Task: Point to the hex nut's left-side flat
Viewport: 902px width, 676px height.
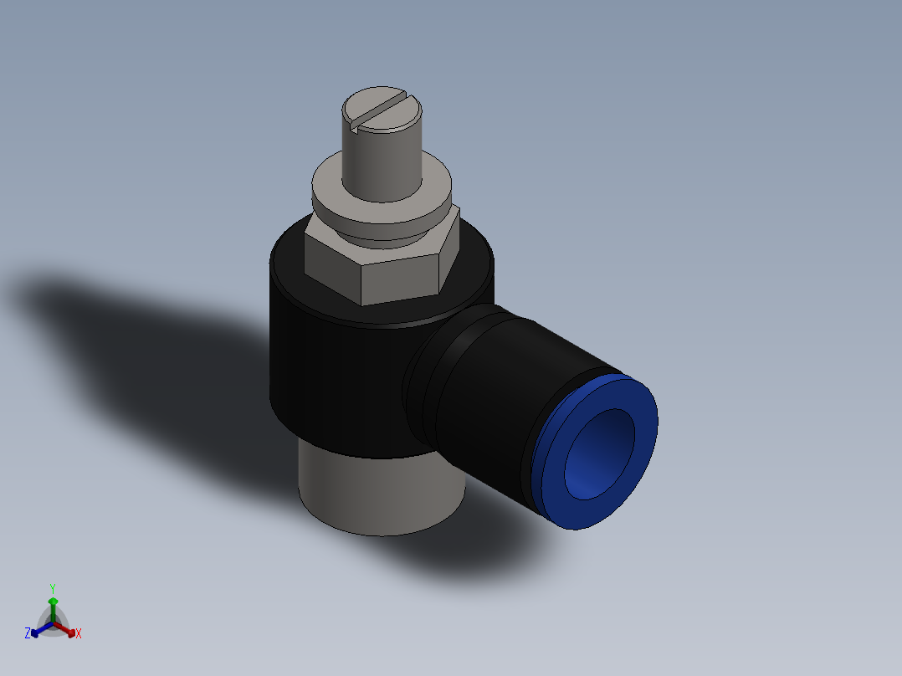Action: click(332, 264)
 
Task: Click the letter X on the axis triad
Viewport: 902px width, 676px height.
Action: click(79, 634)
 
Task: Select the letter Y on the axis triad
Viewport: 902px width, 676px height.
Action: click(53, 588)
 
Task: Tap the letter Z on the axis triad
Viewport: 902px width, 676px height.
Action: click(28, 633)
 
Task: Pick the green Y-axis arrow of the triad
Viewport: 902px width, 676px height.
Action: click(53, 607)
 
